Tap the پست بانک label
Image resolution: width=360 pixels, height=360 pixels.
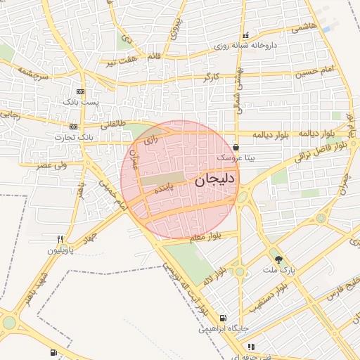click(x=81, y=103)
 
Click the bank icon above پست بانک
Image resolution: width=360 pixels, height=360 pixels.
click(x=81, y=92)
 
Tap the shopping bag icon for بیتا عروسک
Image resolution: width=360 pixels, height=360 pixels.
click(x=236, y=148)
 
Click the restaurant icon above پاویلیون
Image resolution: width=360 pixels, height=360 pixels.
click(x=61, y=239)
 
